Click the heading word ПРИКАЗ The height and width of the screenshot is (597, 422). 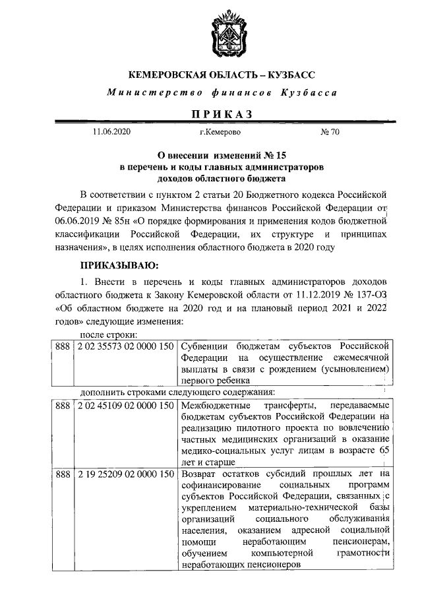[222, 113]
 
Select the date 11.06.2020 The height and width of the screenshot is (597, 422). [113, 133]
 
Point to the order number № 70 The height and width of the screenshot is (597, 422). [330, 133]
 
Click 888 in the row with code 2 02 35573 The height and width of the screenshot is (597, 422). [62, 346]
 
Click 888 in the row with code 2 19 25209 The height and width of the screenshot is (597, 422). [62, 474]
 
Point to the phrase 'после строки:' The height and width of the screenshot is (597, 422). [104, 334]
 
